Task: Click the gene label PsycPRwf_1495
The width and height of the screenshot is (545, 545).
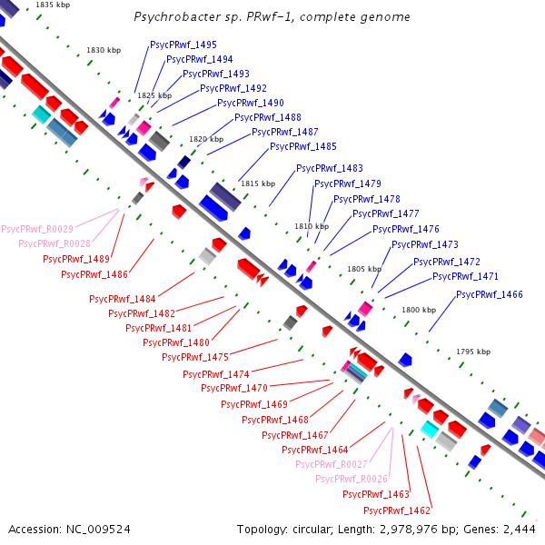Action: (x=183, y=45)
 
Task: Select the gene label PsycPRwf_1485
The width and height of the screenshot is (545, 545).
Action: (x=303, y=146)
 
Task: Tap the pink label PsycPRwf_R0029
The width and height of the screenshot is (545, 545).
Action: (x=37, y=229)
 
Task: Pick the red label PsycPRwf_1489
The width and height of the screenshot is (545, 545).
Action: (x=76, y=259)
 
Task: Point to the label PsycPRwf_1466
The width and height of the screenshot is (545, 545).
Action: (x=490, y=294)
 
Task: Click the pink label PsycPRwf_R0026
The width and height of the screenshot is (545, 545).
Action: (x=352, y=479)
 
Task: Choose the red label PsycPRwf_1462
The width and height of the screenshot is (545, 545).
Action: (x=397, y=510)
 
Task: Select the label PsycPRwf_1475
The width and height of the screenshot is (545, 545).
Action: (x=195, y=357)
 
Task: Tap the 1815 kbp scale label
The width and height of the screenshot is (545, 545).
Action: (x=258, y=183)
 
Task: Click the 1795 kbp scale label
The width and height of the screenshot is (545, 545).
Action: (x=473, y=352)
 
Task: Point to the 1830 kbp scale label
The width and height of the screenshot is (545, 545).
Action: (x=104, y=50)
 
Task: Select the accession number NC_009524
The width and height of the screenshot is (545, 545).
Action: (x=98, y=530)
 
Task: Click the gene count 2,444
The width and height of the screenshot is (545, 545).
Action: (x=520, y=530)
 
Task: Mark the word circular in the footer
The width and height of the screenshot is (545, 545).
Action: (x=312, y=530)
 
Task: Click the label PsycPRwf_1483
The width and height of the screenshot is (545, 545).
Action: (x=330, y=169)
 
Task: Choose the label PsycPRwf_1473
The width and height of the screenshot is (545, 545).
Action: (x=425, y=244)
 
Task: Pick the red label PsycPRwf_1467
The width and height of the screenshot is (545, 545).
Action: (x=295, y=435)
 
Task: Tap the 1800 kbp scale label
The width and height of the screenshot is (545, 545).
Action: (x=419, y=310)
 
